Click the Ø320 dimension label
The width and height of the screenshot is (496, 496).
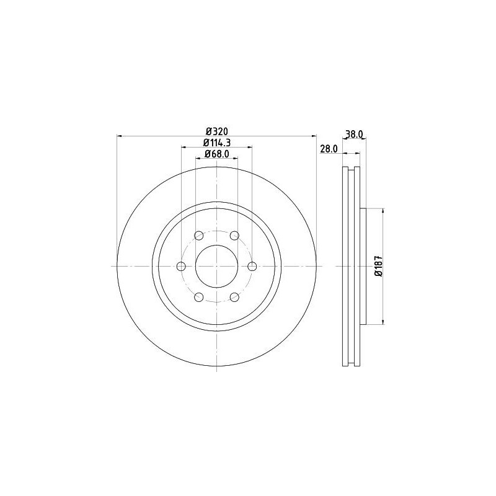(216, 131)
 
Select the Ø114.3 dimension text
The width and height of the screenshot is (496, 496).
(216, 143)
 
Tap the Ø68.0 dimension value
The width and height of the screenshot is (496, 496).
(216, 154)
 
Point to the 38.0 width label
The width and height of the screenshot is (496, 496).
(354, 134)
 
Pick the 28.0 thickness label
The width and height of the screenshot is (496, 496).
(328, 149)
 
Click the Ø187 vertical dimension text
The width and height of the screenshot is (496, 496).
(378, 266)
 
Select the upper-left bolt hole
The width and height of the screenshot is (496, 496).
(199, 236)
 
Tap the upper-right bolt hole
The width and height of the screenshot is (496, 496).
(234, 236)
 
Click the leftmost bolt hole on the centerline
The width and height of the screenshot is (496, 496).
(181, 266)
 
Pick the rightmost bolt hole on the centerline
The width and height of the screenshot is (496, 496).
(252, 266)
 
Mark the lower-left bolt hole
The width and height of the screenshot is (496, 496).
(199, 297)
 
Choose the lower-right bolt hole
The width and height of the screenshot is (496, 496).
(234, 297)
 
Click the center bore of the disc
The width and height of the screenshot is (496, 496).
(216, 266)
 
